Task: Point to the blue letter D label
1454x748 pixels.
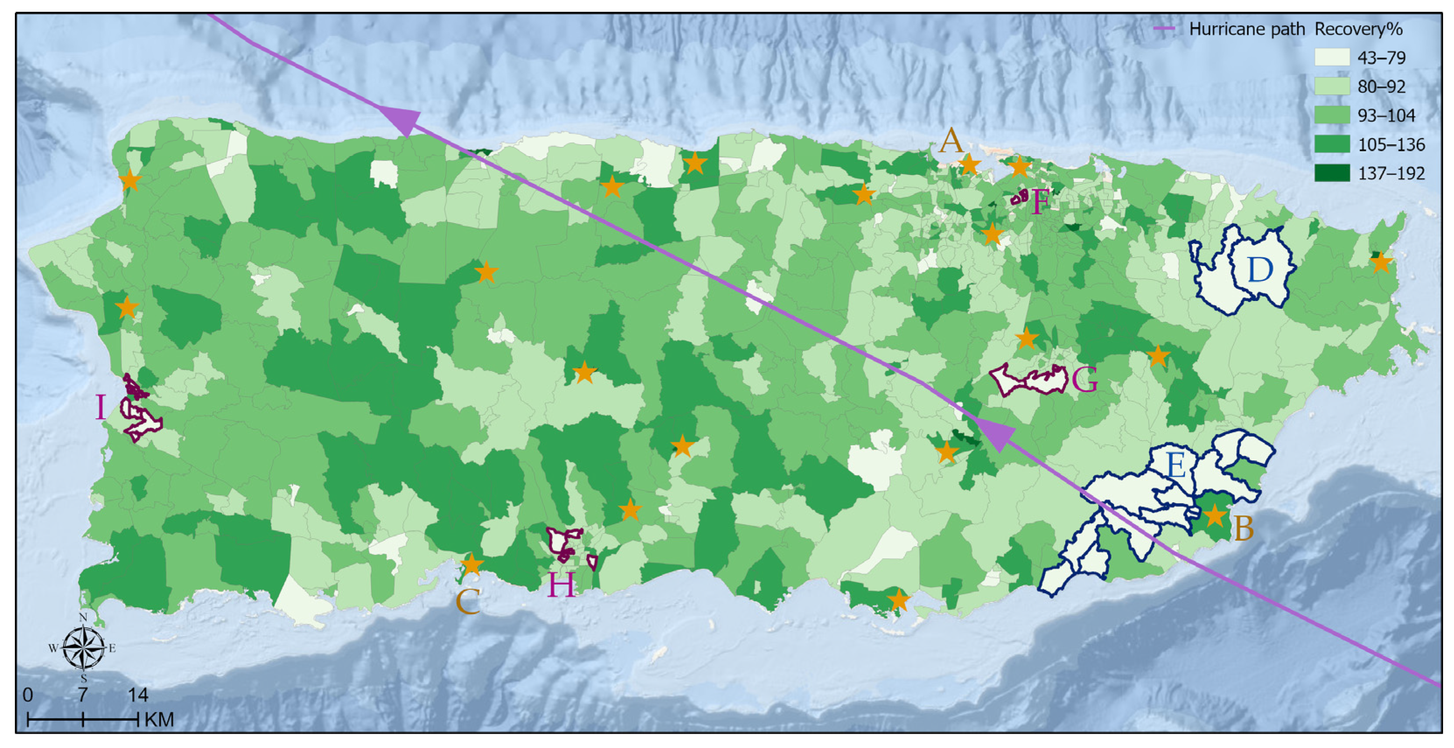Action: click(1260, 270)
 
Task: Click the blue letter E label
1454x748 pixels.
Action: click(1175, 466)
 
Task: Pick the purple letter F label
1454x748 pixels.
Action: click(1040, 202)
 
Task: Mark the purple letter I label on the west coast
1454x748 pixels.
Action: click(101, 407)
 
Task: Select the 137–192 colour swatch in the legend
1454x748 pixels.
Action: click(1332, 173)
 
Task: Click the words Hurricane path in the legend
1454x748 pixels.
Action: click(1246, 29)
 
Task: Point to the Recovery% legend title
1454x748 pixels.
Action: click(1358, 29)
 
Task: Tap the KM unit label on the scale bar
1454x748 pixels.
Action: click(159, 720)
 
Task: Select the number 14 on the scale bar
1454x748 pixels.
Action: click(138, 695)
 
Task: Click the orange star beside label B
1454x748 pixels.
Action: click(1215, 515)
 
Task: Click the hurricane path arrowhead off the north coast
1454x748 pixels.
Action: click(403, 120)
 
